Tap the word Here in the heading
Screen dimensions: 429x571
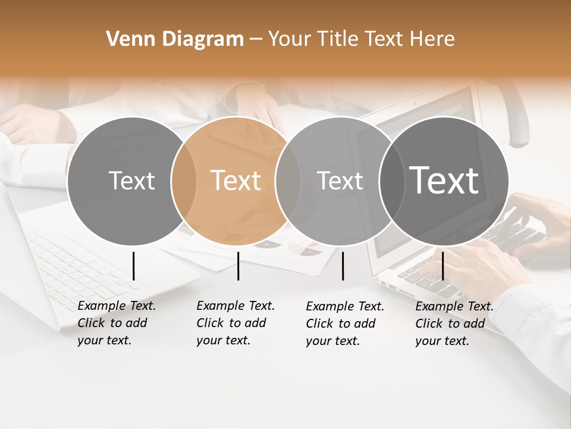[x=432, y=39]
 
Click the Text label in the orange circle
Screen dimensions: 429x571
[x=236, y=181]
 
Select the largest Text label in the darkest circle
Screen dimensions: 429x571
[x=444, y=180]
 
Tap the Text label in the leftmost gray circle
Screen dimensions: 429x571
[x=131, y=181]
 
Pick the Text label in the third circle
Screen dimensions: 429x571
[x=340, y=181]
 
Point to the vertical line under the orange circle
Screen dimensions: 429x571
[x=238, y=266]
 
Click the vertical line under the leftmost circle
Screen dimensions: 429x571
[x=133, y=266]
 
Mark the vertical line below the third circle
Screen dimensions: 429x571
[x=343, y=266]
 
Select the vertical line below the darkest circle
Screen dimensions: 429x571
[x=443, y=266]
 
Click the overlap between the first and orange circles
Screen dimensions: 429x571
[x=184, y=181]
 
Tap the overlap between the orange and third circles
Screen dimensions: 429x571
[x=287, y=181]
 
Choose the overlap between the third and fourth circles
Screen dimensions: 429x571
[x=391, y=181]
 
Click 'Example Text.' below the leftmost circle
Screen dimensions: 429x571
[x=117, y=306]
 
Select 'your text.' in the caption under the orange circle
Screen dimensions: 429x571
[x=223, y=340]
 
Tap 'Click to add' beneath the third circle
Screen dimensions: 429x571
[x=341, y=324]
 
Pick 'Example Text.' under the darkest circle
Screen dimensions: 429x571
[x=454, y=306]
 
